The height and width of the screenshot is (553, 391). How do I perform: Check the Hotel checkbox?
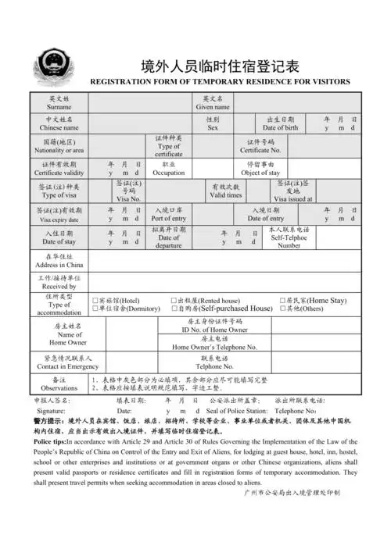coord(95,300)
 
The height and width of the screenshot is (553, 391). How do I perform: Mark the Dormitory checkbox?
coord(95,309)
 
